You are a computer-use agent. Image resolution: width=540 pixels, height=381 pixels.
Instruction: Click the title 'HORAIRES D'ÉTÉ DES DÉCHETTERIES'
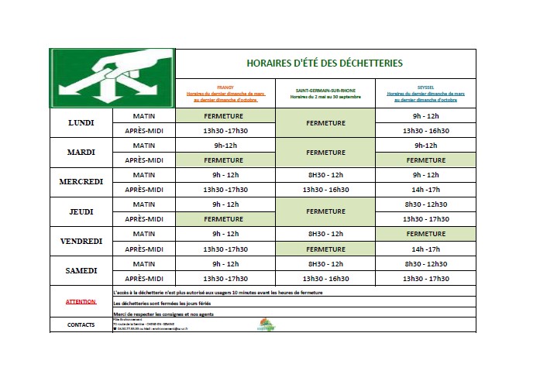tap(324, 63)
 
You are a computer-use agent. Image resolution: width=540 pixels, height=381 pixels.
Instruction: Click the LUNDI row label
tap(81, 123)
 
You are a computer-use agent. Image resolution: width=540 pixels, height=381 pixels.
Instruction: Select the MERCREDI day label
tap(81, 182)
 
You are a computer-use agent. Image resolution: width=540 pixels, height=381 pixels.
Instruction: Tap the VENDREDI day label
tap(81, 241)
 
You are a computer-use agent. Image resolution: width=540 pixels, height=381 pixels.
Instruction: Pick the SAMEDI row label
tap(81, 270)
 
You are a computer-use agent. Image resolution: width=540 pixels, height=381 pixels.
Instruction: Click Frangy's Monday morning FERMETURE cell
tap(225, 115)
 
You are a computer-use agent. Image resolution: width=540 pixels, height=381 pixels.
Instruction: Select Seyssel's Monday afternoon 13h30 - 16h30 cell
tap(425, 130)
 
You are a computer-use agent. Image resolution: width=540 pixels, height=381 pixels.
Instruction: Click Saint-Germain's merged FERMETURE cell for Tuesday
tap(325, 153)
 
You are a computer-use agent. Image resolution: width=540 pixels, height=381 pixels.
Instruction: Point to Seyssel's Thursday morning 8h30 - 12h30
tap(425, 204)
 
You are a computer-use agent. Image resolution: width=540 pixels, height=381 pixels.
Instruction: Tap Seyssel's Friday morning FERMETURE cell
tap(425, 234)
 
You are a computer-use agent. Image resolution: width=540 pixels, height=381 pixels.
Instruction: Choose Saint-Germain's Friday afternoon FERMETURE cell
tap(325, 249)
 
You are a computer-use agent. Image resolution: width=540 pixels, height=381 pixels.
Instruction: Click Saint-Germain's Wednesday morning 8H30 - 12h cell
tap(325, 175)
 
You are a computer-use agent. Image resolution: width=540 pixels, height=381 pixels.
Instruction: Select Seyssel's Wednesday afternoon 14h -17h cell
tap(425, 190)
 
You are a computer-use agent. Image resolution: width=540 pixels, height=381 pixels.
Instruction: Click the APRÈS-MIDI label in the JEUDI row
tap(144, 219)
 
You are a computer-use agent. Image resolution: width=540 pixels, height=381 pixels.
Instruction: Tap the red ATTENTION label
tap(81, 302)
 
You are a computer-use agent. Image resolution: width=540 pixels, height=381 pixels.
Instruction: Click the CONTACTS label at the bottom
tap(81, 325)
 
